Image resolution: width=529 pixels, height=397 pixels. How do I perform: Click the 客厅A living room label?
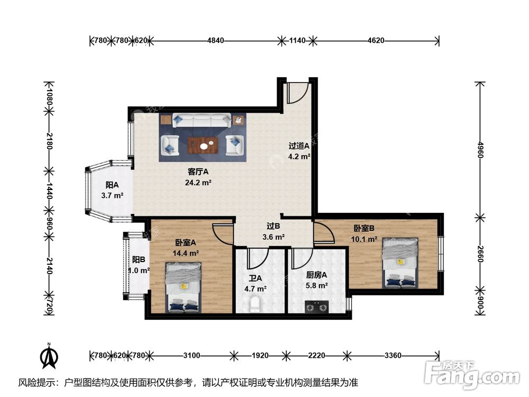coord(198,172)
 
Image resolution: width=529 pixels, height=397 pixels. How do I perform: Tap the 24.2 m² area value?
coord(198,183)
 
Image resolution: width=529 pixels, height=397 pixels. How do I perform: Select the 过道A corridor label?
coord(299,146)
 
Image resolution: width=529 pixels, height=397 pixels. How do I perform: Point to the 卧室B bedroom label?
coord(364,228)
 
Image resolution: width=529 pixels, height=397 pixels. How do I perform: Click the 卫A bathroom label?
coord(256,278)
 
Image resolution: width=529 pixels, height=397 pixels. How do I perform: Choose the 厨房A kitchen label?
coord(316,275)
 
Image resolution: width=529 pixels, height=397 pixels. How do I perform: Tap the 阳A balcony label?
coord(112,185)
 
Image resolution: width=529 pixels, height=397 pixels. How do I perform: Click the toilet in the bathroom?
coord(255,304)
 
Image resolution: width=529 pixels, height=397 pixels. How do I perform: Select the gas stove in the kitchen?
coord(317,307)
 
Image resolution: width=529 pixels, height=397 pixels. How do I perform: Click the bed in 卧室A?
coord(184,287)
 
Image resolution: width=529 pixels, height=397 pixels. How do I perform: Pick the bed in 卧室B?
coord(400,263)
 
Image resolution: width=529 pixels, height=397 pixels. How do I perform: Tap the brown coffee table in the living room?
coord(203,146)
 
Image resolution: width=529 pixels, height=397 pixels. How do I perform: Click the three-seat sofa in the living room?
coord(202,121)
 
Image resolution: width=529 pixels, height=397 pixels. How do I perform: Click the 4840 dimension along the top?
coord(216,41)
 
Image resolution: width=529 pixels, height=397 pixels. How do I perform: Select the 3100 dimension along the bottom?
coord(191,355)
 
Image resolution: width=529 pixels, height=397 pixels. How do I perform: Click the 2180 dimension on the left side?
coord(49,141)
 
